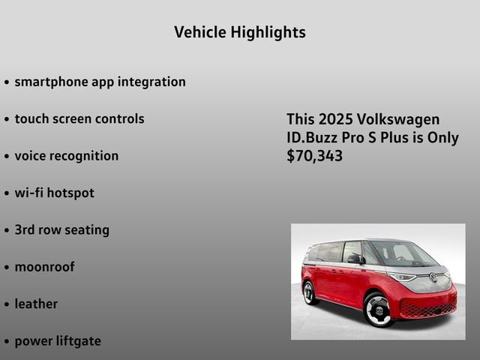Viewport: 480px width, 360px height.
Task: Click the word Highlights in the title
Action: [268, 33]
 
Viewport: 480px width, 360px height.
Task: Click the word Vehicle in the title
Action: [200, 31]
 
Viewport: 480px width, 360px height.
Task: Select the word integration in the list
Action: [151, 82]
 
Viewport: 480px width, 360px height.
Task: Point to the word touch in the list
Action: [31, 118]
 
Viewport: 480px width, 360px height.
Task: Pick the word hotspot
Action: [70, 193]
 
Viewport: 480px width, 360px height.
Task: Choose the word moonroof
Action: [45, 267]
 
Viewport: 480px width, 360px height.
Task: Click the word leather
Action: [36, 304]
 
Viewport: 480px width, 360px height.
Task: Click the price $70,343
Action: [315, 156]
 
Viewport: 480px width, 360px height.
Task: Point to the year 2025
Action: [336, 119]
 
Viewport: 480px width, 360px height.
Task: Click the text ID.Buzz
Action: [312, 137]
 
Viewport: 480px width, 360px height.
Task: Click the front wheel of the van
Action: [378, 310]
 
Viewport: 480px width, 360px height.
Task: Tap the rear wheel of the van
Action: [308, 293]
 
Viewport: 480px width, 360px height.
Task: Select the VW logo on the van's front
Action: [433, 277]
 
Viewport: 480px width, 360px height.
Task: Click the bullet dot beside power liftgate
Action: [7, 342]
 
